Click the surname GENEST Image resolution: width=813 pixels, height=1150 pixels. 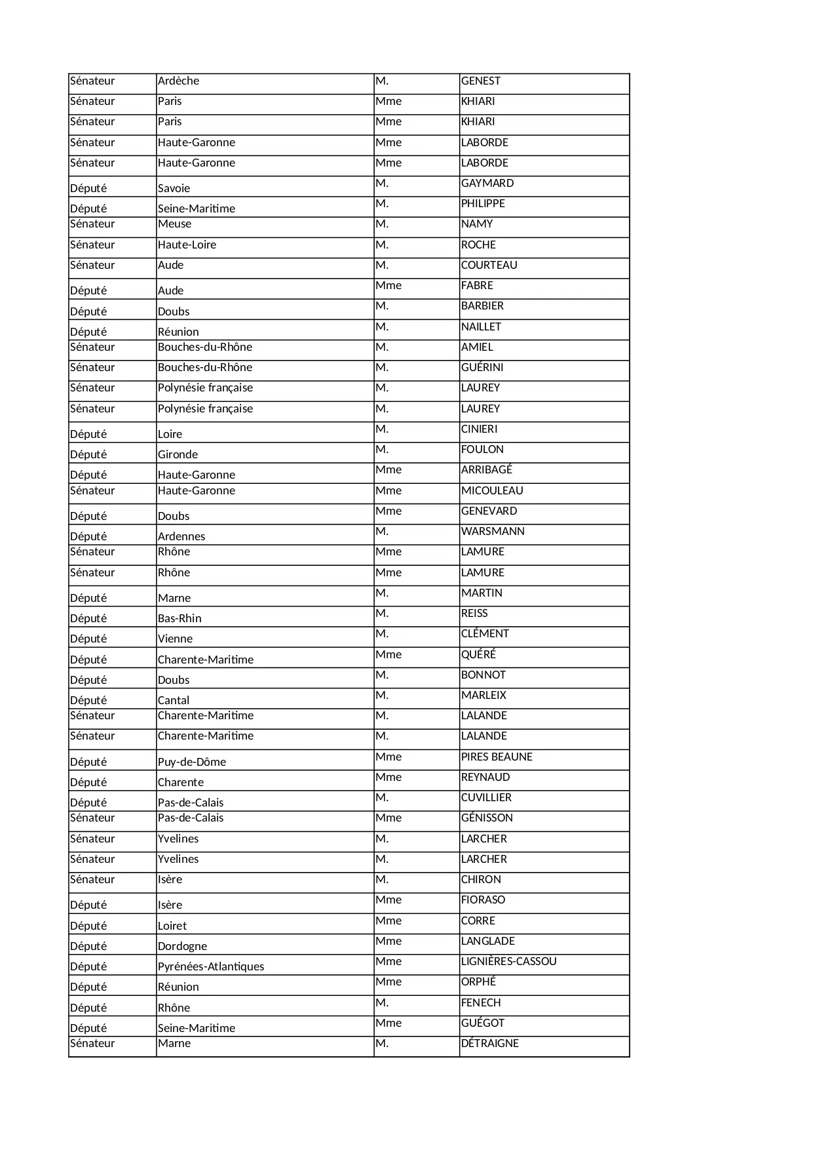coord(480,81)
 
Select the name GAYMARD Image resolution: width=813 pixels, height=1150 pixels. coord(487,184)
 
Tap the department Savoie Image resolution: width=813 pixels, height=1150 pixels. coord(174,189)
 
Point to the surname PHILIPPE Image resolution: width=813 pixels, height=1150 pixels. coord(483,204)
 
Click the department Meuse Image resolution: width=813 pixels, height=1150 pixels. coord(174,224)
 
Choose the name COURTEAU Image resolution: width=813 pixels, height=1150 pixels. coord(489,266)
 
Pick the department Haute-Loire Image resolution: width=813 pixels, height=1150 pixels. coord(187,245)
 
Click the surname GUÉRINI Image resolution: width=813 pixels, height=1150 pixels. coord(482,368)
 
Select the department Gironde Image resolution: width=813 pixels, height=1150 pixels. coord(178,455)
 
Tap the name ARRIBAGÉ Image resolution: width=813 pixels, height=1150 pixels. coord(486,470)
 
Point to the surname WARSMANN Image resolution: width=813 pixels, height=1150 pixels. coord(493,532)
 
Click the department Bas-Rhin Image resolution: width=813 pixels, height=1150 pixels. coord(180,619)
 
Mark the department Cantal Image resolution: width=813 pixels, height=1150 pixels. coord(174,701)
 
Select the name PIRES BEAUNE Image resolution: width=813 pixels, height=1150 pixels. coord(497,757)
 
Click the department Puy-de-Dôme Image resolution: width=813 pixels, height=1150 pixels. coord(192,763)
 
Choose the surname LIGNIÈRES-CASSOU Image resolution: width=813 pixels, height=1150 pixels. coord(508,962)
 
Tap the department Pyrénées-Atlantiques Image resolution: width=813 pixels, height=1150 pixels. coord(211,967)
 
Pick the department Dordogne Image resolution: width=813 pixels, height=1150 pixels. coord(182,947)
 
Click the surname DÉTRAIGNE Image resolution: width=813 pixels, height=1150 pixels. coord(489,1044)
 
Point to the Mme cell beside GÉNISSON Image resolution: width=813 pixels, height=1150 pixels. coord(388,818)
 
